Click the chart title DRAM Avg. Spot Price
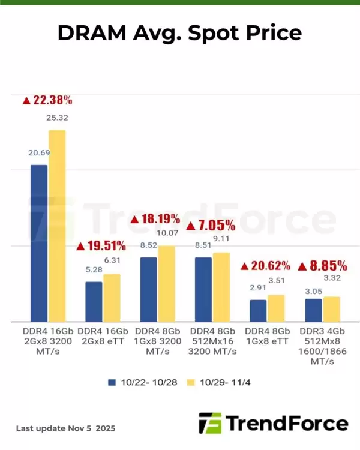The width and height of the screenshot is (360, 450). point(179,32)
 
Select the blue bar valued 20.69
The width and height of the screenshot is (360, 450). point(39,242)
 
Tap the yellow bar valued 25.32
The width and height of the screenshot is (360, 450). point(57,225)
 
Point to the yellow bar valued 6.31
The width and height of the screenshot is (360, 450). point(112,298)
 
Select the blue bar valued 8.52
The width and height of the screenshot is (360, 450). point(149,289)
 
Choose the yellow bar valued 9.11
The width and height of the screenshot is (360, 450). point(222,287)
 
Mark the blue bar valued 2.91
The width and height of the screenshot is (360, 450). point(258,310)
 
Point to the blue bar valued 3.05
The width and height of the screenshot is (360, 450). point(313,310)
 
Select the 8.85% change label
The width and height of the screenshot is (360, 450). point(322,265)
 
